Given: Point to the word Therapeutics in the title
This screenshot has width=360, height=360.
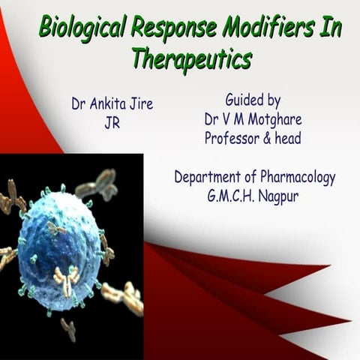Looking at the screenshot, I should [x=191, y=58].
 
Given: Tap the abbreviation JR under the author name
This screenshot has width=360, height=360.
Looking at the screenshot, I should [x=112, y=122].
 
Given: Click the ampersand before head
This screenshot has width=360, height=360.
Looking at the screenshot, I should [x=273, y=138].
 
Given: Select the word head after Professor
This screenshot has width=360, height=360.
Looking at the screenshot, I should [x=297, y=138].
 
